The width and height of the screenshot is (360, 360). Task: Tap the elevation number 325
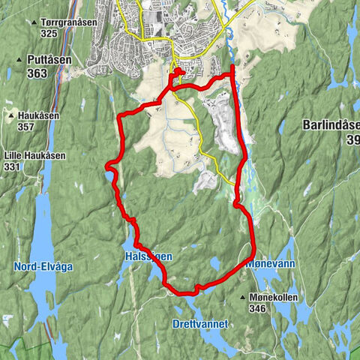click(50, 34)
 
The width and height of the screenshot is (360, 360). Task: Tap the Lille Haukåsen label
click(34, 155)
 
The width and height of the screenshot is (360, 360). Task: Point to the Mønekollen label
click(273, 298)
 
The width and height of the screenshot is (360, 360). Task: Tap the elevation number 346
click(258, 308)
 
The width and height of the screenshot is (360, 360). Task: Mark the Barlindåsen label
click(331, 125)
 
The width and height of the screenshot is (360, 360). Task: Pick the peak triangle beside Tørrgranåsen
click(34, 22)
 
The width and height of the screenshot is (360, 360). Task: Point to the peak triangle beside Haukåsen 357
click(10, 116)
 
